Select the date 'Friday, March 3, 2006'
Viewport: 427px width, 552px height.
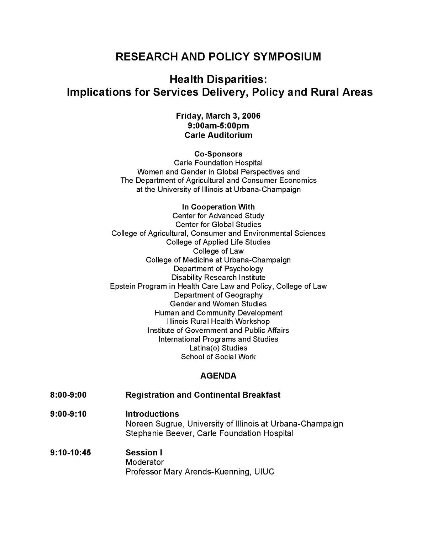click(218, 116)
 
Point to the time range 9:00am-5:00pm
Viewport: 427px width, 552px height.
click(218, 125)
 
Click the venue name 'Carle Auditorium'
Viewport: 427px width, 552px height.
click(218, 135)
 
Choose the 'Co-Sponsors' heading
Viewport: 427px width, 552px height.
click(218, 154)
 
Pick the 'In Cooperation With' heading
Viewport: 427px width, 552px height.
click(218, 207)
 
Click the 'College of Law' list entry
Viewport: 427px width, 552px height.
click(218, 251)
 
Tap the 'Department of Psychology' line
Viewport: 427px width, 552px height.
click(218, 269)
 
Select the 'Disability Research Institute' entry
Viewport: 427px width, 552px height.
click(218, 277)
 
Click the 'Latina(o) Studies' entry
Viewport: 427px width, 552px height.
click(218, 348)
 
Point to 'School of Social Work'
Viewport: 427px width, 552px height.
click(218, 357)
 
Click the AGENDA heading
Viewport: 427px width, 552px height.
click(218, 376)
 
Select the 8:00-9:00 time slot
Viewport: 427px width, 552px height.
click(68, 395)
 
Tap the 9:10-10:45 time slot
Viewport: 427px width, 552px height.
click(70, 453)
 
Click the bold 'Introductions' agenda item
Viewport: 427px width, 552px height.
click(152, 414)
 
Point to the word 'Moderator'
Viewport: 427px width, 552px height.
click(144, 462)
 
